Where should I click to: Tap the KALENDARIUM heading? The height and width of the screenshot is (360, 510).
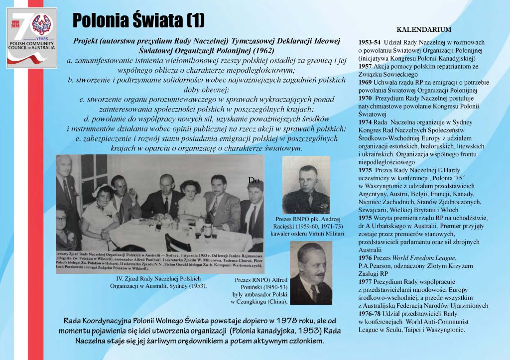(423, 30)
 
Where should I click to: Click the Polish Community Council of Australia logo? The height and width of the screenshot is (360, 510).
(31, 38)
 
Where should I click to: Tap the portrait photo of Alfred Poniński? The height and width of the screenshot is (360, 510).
(310, 273)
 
